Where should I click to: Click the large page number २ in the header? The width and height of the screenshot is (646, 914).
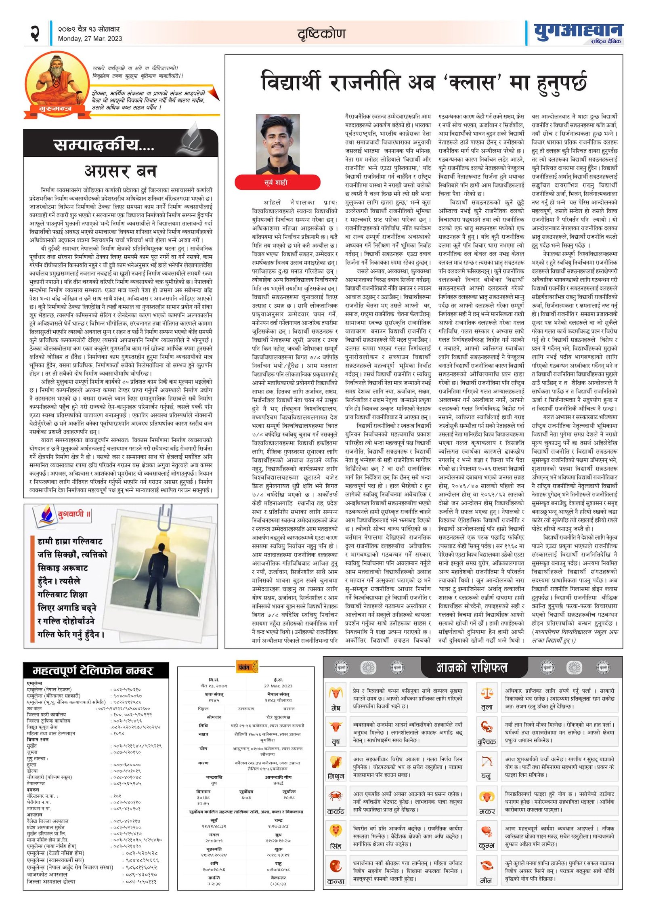coord(35,33)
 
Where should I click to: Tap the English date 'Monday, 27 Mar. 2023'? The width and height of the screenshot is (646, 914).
coord(90,39)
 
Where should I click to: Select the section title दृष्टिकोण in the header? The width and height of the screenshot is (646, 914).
coord(321,34)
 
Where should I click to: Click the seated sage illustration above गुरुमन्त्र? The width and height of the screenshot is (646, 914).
coord(57,81)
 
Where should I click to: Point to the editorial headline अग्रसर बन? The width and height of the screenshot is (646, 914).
coord(120,171)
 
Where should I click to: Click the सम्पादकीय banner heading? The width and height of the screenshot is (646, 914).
coord(104,144)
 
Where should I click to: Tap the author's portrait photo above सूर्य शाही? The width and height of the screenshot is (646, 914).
coord(277,144)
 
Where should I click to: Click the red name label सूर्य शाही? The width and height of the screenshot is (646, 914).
coord(277,182)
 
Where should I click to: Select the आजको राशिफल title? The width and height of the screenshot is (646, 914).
coord(471,667)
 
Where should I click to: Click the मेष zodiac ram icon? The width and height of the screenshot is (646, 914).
coord(336,694)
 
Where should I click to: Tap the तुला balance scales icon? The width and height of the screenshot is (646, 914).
coord(487,694)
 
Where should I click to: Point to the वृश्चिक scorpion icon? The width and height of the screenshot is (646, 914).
coord(487,727)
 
